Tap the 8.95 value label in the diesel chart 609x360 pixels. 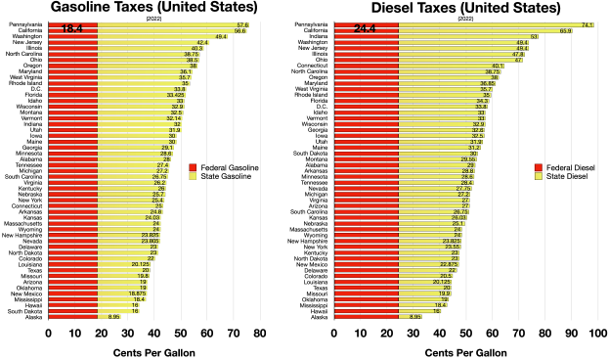pos(414,317)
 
